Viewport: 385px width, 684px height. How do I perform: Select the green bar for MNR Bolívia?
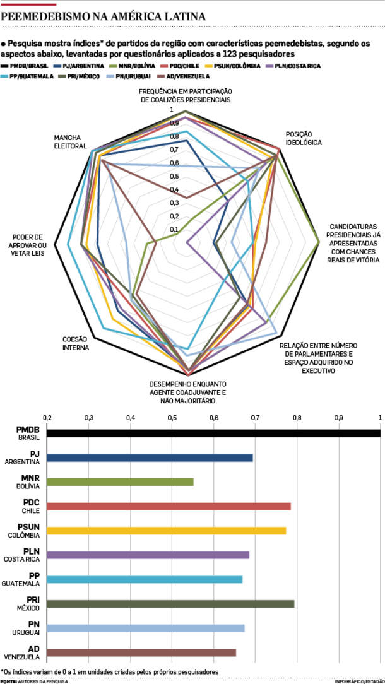[120, 482]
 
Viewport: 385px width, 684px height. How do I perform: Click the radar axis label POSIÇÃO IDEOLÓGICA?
[304, 138]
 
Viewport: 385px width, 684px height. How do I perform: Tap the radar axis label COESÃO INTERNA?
[74, 343]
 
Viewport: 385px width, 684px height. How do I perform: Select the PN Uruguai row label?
[29, 628]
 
